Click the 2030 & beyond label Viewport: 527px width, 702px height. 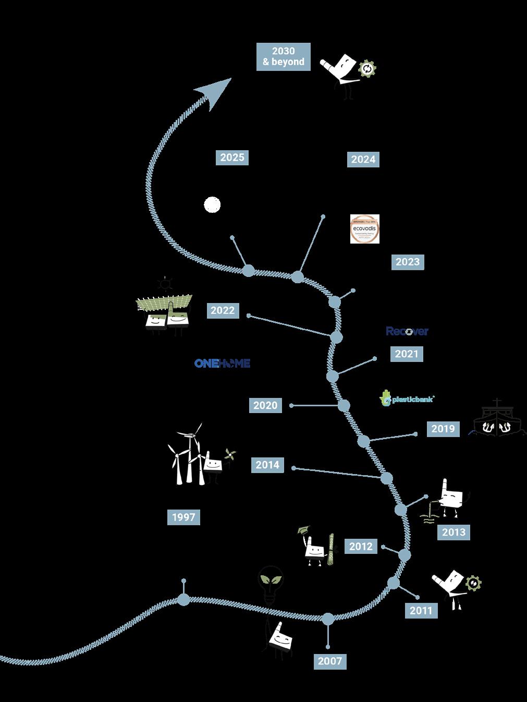284,57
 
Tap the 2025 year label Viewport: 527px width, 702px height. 232,158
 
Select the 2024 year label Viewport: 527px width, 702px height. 363,160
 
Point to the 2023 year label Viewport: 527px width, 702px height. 408,262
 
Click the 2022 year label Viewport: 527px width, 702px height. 223,310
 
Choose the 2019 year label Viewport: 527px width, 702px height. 443,429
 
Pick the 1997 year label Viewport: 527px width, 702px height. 183,517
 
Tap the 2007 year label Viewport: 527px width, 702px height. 330,661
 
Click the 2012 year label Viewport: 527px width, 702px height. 361,546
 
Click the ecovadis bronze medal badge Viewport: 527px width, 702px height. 365,229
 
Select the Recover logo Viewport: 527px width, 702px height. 407,331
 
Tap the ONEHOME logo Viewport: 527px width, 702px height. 222,364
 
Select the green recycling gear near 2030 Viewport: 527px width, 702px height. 368,69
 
